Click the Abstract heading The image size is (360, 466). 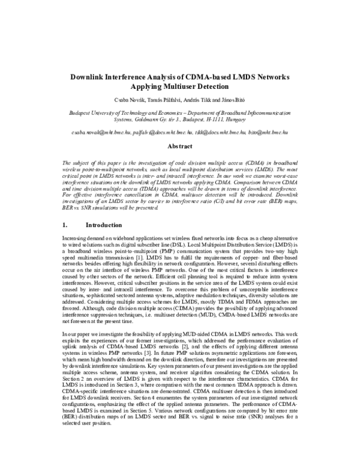click(179, 146)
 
